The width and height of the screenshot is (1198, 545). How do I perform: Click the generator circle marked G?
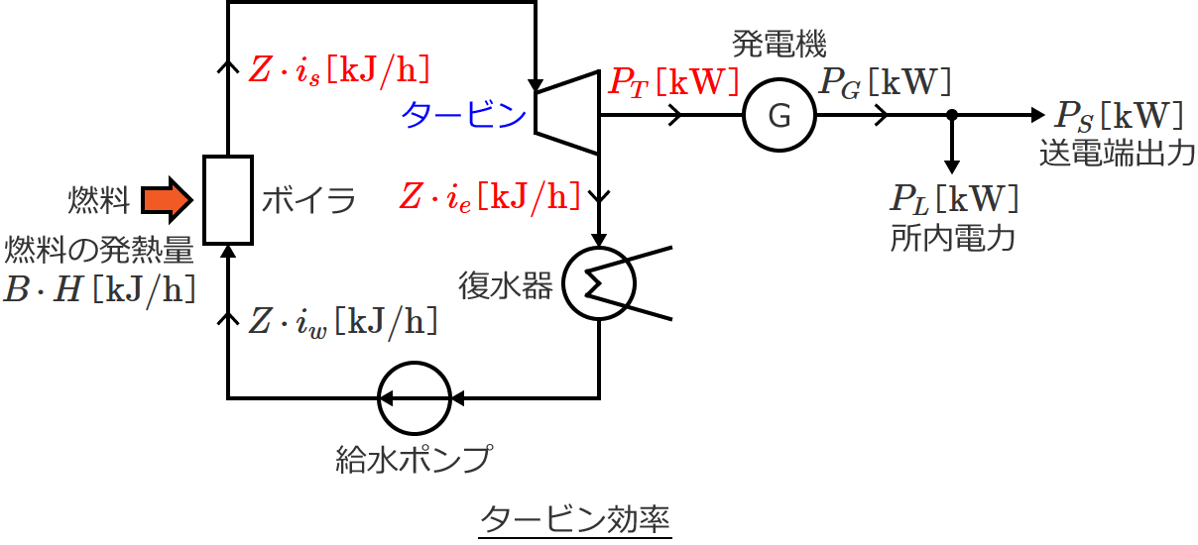pos(779,116)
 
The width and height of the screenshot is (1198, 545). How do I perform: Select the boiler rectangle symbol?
pos(228,199)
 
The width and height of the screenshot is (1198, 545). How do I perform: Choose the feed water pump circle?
pos(415,398)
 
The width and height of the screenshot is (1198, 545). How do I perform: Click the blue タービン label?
pos(463,117)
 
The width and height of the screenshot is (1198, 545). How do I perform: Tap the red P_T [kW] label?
pos(673,82)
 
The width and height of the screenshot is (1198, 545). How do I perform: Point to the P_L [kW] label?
pos(953,201)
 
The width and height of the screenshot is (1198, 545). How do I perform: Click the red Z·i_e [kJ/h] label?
pos(488,195)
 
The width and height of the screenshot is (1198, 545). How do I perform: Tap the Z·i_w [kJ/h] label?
pos(341,321)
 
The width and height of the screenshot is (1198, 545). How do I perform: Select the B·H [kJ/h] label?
pos(98,288)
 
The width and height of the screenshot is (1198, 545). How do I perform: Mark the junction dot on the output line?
pos(952,116)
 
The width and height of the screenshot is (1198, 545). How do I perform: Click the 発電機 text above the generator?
pos(779,44)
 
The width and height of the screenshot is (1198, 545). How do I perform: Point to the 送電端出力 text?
pos(1117,154)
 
